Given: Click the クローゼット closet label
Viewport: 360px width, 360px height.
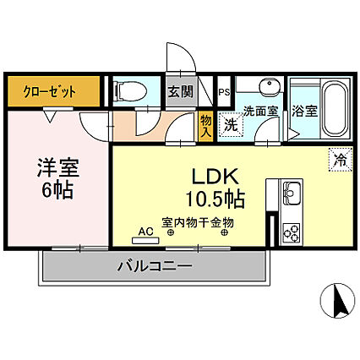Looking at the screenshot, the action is [50, 91].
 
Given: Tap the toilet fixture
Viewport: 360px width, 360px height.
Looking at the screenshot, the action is [130, 90].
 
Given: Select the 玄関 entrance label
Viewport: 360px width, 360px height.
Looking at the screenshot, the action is [181, 91].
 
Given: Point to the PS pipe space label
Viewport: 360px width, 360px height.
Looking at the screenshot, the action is [225, 92].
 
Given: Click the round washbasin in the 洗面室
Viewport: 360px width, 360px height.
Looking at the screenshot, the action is [270, 85].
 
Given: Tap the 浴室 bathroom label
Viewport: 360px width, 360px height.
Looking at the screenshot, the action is [304, 111].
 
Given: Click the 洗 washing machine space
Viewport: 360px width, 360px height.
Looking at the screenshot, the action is [231, 125].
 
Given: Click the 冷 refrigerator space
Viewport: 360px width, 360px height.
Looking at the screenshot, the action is [341, 160].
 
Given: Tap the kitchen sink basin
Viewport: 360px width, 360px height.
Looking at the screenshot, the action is [292, 194].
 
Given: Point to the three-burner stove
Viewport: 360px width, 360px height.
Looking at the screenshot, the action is [292, 232].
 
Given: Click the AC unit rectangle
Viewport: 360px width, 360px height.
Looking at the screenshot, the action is [145, 241].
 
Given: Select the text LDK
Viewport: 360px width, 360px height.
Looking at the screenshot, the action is [215, 177].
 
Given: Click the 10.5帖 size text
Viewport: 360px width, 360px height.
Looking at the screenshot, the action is [215, 199].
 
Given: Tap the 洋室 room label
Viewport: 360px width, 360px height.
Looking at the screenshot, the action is [58, 167].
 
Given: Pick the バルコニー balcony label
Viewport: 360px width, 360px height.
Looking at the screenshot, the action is [155, 265].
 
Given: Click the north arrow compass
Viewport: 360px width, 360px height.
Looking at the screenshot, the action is [338, 300].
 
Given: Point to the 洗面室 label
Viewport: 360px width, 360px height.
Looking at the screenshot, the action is [261, 112].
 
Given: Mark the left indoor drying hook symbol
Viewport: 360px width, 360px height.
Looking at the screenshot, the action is [171, 232].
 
